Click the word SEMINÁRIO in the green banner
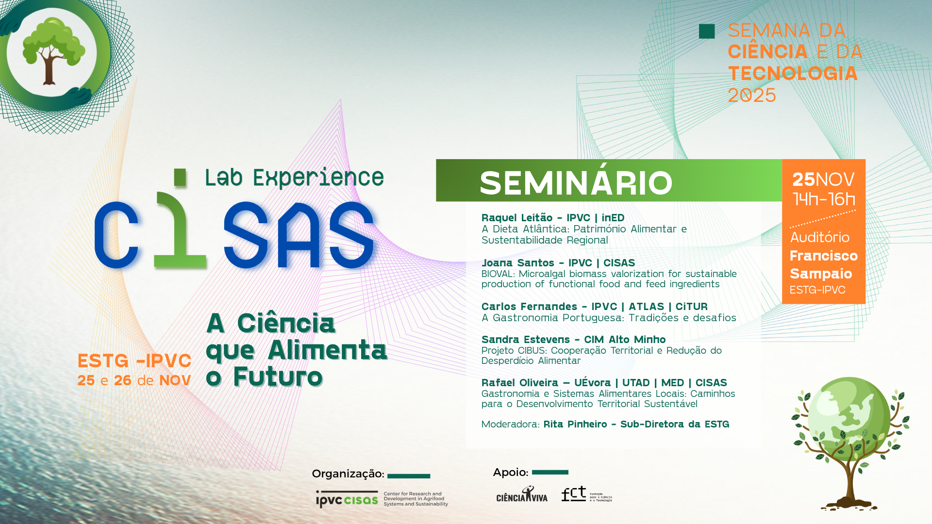click(x=576, y=183)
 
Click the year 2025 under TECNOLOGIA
click(x=752, y=96)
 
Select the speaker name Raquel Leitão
click(x=516, y=218)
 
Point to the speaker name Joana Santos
click(x=517, y=263)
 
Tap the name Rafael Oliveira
click(x=519, y=383)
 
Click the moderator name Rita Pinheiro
click(x=575, y=425)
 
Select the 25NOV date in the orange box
click(x=823, y=180)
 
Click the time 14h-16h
click(x=824, y=199)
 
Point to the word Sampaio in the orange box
click(x=820, y=274)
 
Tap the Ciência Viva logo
click(x=521, y=495)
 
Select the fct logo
click(x=574, y=494)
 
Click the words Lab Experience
click(x=294, y=178)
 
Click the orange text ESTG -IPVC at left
click(x=134, y=361)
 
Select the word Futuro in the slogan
click(x=278, y=377)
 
